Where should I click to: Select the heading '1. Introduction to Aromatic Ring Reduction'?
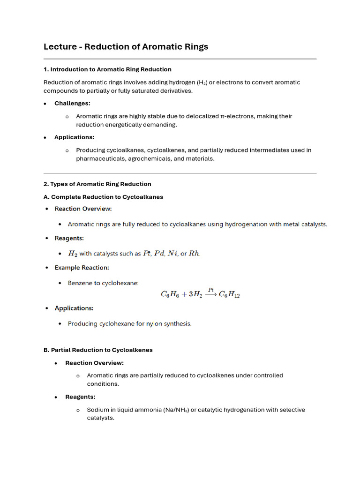click(x=107, y=69)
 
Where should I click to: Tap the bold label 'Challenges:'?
click(x=72, y=103)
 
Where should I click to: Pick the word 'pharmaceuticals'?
click(x=99, y=158)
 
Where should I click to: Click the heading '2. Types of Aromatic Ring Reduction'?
click(x=97, y=184)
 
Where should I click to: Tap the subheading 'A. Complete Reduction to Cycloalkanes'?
click(x=103, y=197)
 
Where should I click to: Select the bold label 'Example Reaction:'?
click(x=82, y=268)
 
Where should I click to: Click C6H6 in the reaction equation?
click(x=168, y=294)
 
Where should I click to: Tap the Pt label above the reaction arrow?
click(x=211, y=290)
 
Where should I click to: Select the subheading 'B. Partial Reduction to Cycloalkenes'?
click(x=98, y=350)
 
